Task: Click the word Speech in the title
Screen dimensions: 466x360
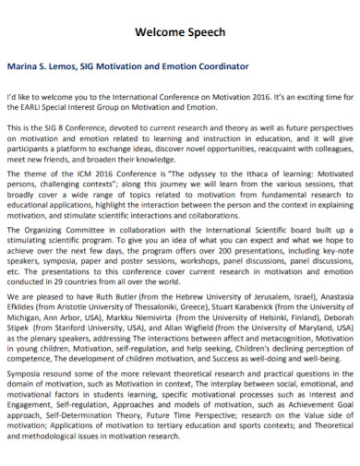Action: pos(203,32)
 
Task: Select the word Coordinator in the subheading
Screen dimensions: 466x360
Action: pos(222,66)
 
